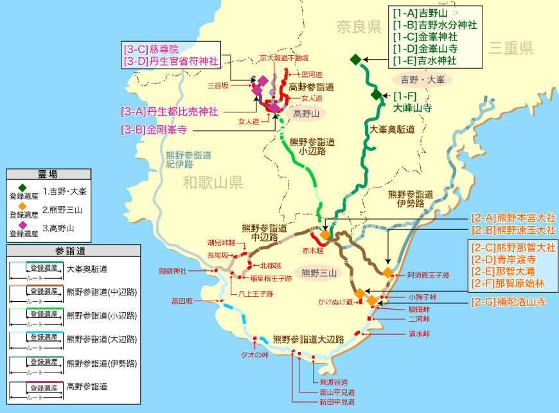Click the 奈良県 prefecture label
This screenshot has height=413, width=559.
359,26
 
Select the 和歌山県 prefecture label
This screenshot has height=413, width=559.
211,183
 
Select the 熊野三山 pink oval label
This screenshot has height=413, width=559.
319,273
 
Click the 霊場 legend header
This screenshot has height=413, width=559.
48,174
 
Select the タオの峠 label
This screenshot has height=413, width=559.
254,355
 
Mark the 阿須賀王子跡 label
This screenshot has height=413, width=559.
428,275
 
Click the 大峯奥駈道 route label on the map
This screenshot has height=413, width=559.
391,130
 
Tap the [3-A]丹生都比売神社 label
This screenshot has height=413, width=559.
169,111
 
